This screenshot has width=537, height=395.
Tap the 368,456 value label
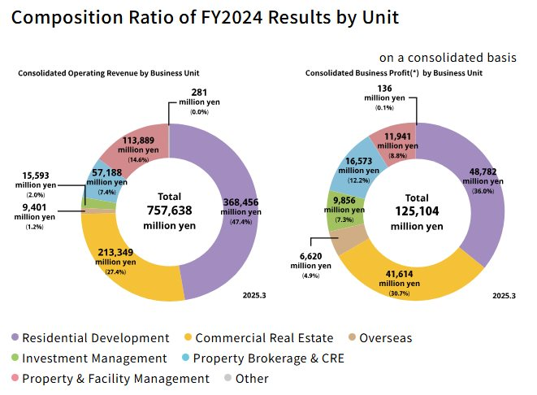click(x=240, y=203)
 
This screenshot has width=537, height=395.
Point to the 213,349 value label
click(x=116, y=253)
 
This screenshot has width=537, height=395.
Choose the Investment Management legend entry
click(x=89, y=358)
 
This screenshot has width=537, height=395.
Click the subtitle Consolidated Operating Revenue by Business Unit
click(x=109, y=73)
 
